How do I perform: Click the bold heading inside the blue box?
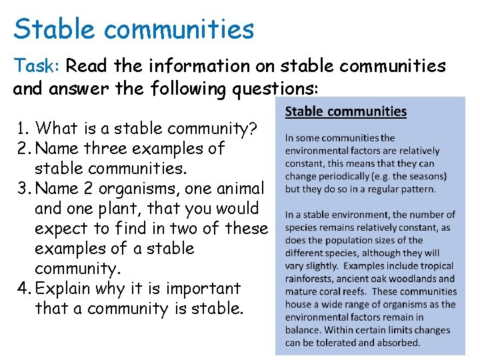click(x=345, y=111)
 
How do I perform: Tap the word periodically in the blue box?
click(x=353, y=176)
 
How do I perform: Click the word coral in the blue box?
click(x=340, y=291)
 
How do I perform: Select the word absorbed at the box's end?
click(x=398, y=343)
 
